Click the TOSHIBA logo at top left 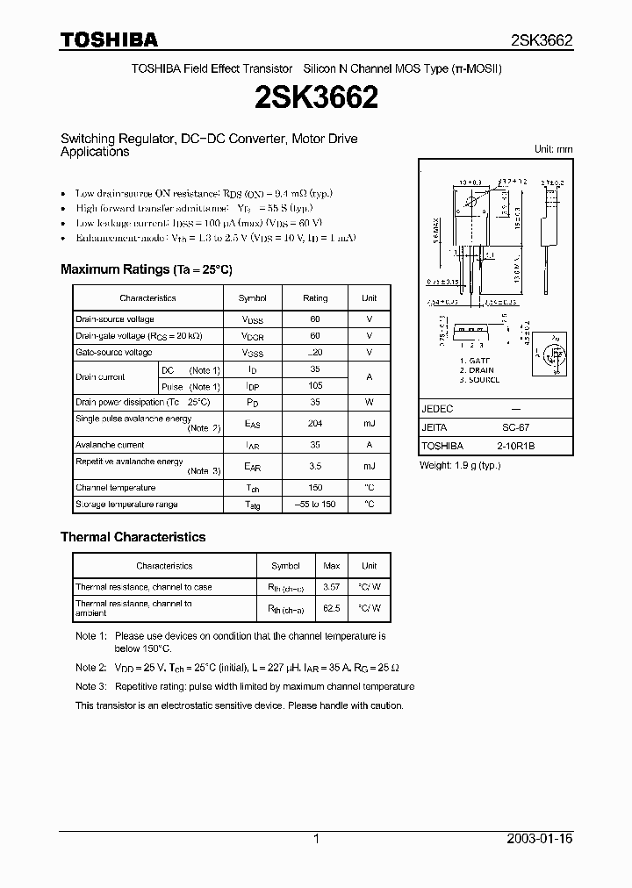[109, 39]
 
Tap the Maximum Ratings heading [146, 269]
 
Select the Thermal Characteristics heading [133, 537]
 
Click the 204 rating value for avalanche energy [314, 424]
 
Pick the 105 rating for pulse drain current [314, 386]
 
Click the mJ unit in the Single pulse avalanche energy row [369, 424]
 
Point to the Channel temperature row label [116, 488]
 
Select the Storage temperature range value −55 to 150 [314, 505]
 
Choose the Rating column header [314, 298]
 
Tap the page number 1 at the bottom [316, 839]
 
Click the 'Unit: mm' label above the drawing [553, 149]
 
